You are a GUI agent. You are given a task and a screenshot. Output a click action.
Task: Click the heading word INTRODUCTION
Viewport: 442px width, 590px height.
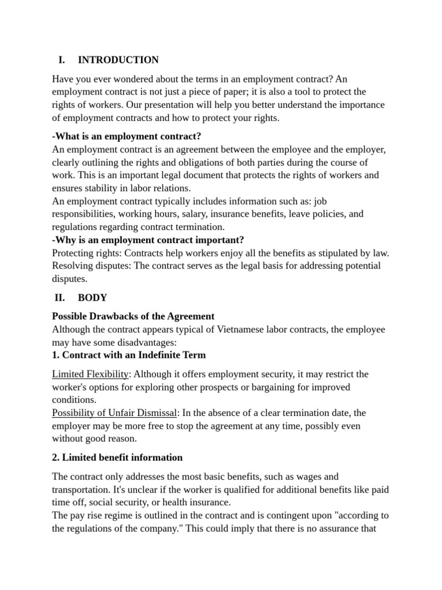click(x=118, y=60)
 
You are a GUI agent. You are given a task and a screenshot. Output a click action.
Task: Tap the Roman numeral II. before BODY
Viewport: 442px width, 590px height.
click(x=60, y=298)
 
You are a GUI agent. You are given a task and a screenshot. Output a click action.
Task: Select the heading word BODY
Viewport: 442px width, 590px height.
click(x=92, y=298)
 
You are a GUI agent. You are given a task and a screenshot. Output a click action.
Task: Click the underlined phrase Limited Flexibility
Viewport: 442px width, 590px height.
click(x=90, y=375)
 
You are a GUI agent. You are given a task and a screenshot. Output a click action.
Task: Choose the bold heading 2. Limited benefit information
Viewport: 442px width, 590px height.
click(x=117, y=457)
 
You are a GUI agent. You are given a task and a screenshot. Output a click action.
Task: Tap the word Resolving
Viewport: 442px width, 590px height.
click(x=72, y=266)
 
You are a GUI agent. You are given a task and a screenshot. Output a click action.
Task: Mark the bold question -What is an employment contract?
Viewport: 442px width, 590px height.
click(x=127, y=137)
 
